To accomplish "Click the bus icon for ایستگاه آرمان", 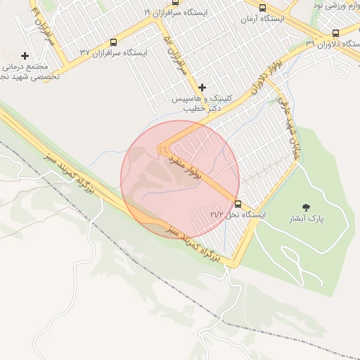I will click(262, 8).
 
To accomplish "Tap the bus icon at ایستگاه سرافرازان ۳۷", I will click(114, 43).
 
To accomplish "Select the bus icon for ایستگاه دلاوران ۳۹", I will click(335, 33).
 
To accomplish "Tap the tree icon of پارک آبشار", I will click(306, 207).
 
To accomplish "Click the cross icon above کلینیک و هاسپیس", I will click(202, 88).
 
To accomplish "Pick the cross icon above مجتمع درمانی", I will click(25, 55).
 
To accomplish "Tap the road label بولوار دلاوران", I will click(250, 88).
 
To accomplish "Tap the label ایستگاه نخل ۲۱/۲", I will click(236, 214).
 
